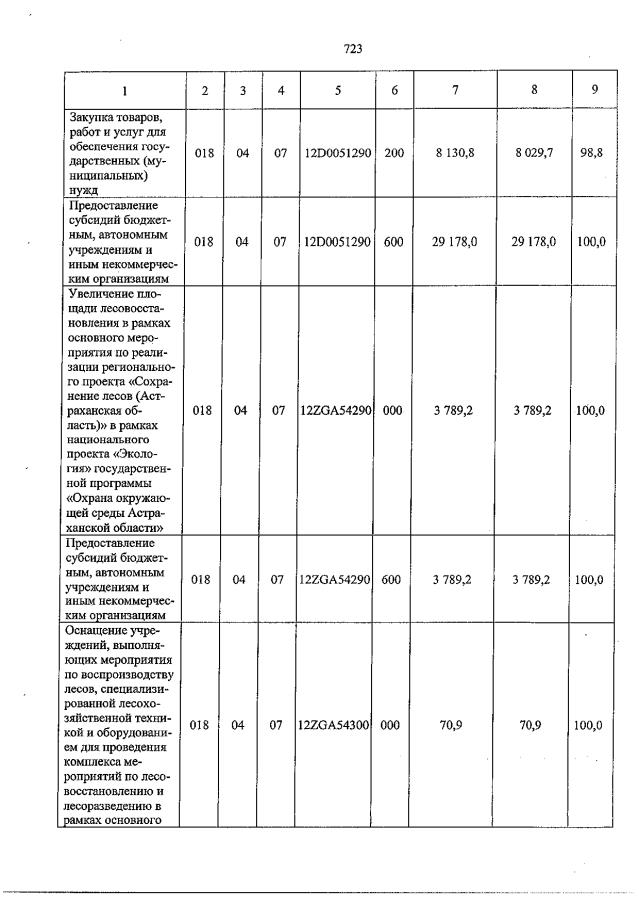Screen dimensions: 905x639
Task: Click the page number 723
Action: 352,49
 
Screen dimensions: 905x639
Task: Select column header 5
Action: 338,90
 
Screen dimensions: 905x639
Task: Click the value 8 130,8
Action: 455,154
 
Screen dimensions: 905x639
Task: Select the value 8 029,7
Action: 534,154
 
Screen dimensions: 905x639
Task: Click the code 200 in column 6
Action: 394,154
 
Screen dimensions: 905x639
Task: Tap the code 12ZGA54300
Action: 336,726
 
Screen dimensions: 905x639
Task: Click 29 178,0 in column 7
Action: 455,241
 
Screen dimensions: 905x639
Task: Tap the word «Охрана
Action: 91,496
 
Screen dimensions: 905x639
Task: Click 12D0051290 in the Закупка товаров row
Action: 338,154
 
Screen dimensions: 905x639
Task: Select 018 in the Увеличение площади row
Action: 203,410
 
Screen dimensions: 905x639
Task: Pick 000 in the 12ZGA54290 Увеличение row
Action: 394,410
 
